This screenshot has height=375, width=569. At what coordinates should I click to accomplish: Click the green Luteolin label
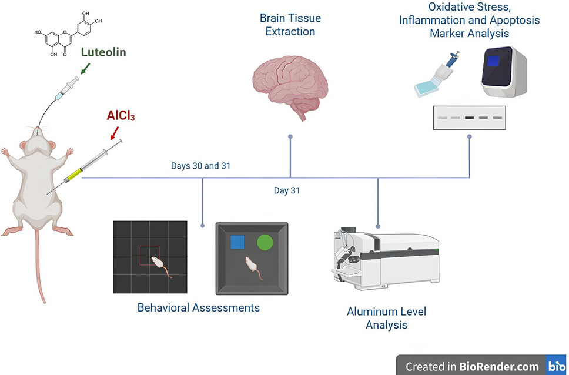103,52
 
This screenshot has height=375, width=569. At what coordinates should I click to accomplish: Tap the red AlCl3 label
121,115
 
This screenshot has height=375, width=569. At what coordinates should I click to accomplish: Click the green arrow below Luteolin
85,68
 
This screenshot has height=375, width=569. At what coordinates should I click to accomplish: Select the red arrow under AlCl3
114,133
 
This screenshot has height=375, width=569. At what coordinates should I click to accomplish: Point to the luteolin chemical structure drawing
68,34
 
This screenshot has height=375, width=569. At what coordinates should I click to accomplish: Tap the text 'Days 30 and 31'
200,166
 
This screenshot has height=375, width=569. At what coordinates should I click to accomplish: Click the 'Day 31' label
287,190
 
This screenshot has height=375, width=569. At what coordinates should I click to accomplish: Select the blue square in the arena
237,243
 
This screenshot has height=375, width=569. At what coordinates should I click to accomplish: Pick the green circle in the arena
265,243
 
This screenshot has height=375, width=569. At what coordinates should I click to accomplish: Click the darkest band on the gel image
470,118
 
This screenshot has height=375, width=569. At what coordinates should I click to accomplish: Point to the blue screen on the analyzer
493,61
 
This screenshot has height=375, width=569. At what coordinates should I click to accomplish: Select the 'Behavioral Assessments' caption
199,308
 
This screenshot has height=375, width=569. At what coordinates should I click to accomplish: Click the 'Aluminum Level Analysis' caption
386,318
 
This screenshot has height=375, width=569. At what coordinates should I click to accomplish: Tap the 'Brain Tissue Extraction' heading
290,25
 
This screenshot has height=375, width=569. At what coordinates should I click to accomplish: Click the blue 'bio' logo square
557,365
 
